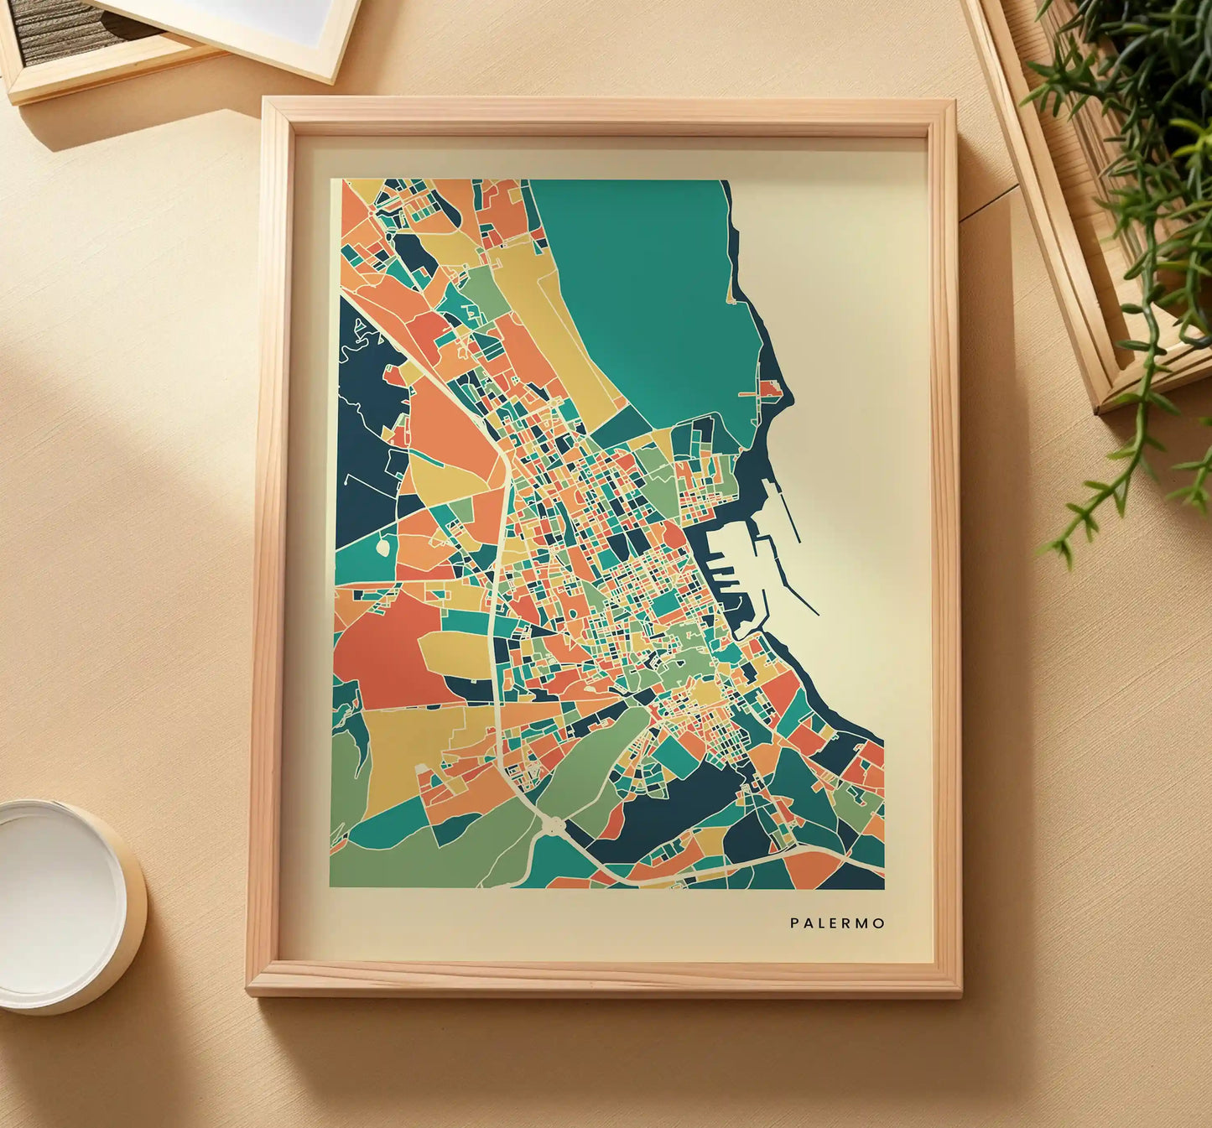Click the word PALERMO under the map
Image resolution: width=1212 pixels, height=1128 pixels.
837,923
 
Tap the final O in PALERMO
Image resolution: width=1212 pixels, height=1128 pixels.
880,923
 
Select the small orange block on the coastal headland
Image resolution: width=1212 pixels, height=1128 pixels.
771,388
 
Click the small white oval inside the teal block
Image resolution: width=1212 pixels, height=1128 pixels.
383,547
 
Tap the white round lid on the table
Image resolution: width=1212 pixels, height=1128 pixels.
59,906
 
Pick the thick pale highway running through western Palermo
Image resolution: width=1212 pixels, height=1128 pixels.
497,587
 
